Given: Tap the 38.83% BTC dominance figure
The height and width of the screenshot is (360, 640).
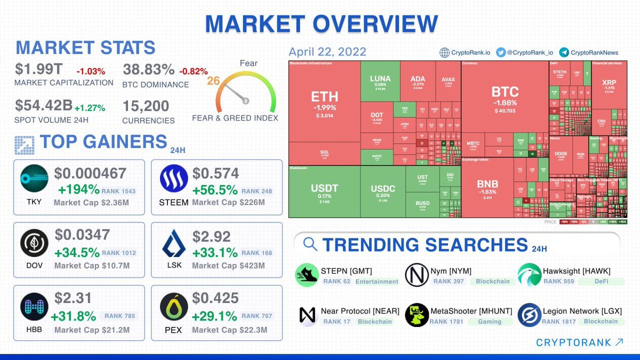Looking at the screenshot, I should click(x=148, y=70).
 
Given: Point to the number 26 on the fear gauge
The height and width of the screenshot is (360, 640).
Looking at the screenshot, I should click(x=214, y=81).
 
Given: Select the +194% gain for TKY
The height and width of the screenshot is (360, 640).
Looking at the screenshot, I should click(x=79, y=190).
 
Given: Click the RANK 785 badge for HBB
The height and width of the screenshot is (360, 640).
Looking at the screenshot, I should click(x=120, y=316).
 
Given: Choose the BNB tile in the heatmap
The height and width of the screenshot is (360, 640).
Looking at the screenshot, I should click(x=487, y=187).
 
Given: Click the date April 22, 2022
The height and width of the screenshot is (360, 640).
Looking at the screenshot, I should click(x=327, y=52).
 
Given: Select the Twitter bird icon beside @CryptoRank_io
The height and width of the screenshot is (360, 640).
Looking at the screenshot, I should click(x=500, y=52).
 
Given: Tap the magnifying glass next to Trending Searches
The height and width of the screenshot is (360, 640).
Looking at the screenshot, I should click(x=310, y=244).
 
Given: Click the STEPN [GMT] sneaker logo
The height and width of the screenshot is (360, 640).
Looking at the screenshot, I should click(x=307, y=275).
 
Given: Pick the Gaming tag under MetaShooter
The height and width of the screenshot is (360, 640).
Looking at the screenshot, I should click(x=490, y=322).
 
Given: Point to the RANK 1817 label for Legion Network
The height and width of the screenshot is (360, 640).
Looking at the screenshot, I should click(x=558, y=322).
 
